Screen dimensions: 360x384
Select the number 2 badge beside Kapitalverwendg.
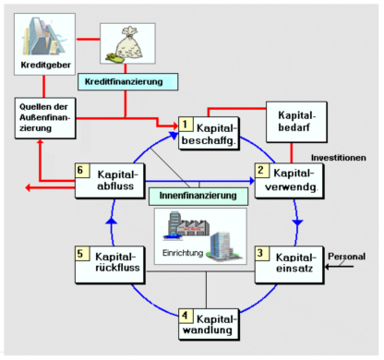coord(261,171)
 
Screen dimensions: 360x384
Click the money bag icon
coord(126,43)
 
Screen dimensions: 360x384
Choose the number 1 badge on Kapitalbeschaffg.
coord(186,124)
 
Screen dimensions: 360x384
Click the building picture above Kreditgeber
coord(42,36)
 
